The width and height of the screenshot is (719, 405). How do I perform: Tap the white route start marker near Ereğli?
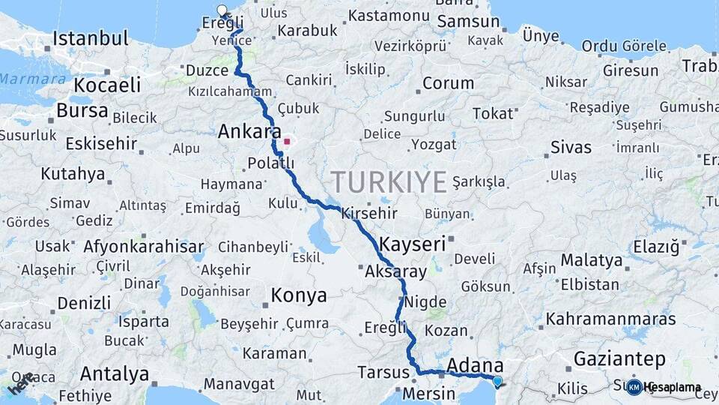click(x=222, y=10)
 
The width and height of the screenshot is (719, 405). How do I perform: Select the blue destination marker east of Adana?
click(x=497, y=381)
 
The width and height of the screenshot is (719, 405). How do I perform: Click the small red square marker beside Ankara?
click(x=287, y=141)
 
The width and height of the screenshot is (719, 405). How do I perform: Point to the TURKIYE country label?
click(x=389, y=181)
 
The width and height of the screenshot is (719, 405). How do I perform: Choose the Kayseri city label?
click(x=413, y=244)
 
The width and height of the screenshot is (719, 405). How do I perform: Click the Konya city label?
click(x=299, y=295)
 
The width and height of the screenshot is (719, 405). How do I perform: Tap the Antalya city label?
click(x=115, y=373)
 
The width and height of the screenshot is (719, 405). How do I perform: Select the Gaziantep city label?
click(x=619, y=358)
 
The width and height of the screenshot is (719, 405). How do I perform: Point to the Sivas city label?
click(x=571, y=147)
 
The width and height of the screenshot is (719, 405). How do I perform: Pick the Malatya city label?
click(x=592, y=260)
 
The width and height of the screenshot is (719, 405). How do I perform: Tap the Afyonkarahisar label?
click(x=143, y=246)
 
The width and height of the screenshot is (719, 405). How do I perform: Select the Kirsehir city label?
click(x=368, y=214)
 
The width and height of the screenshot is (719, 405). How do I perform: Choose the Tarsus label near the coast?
click(x=383, y=372)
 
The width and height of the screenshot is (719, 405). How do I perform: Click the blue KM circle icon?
click(x=634, y=388)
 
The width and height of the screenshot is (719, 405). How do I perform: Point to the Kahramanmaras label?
click(x=610, y=319)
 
